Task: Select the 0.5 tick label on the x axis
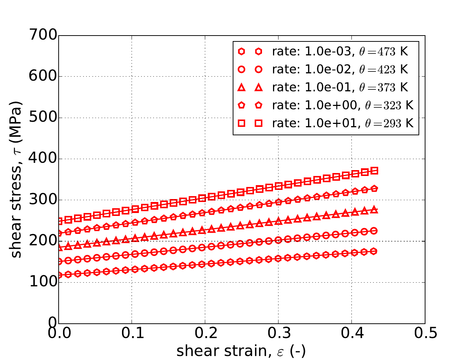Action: (425, 334)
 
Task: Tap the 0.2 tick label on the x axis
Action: (205, 334)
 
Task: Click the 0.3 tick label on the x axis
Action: (279, 334)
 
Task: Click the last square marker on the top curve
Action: (374, 171)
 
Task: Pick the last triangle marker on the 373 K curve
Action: (374, 210)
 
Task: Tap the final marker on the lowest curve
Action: (374, 251)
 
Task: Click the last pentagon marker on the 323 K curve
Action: (374, 189)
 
